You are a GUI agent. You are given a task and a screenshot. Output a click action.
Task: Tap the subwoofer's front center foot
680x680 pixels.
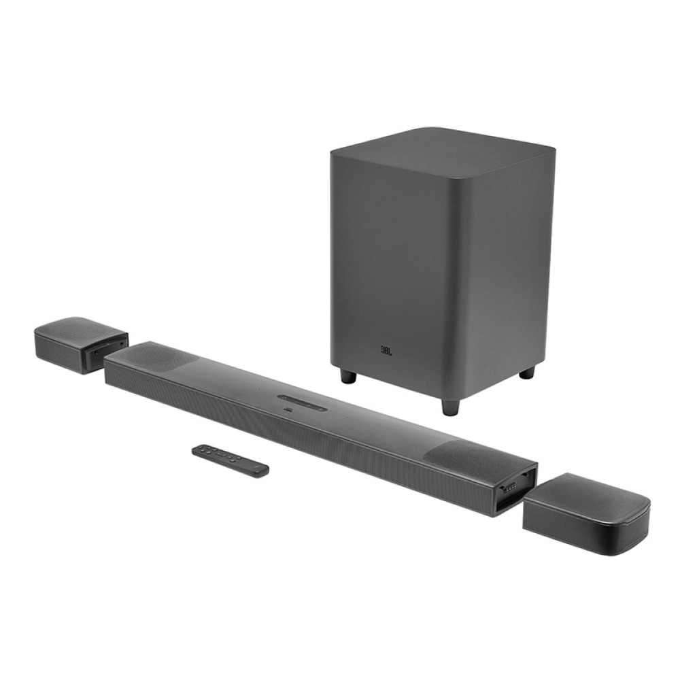(450, 407)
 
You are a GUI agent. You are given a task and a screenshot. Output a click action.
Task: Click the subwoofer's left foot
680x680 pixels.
(348, 376)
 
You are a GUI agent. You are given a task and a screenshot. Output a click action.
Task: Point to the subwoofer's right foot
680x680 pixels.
(527, 372)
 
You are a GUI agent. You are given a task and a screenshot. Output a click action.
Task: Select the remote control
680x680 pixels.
(231, 461)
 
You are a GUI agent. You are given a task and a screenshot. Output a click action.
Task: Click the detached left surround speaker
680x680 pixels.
(81, 345)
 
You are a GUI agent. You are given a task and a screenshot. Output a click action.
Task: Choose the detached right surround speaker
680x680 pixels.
(586, 514)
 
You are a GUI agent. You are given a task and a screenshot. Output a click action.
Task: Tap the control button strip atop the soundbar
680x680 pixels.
(303, 402)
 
